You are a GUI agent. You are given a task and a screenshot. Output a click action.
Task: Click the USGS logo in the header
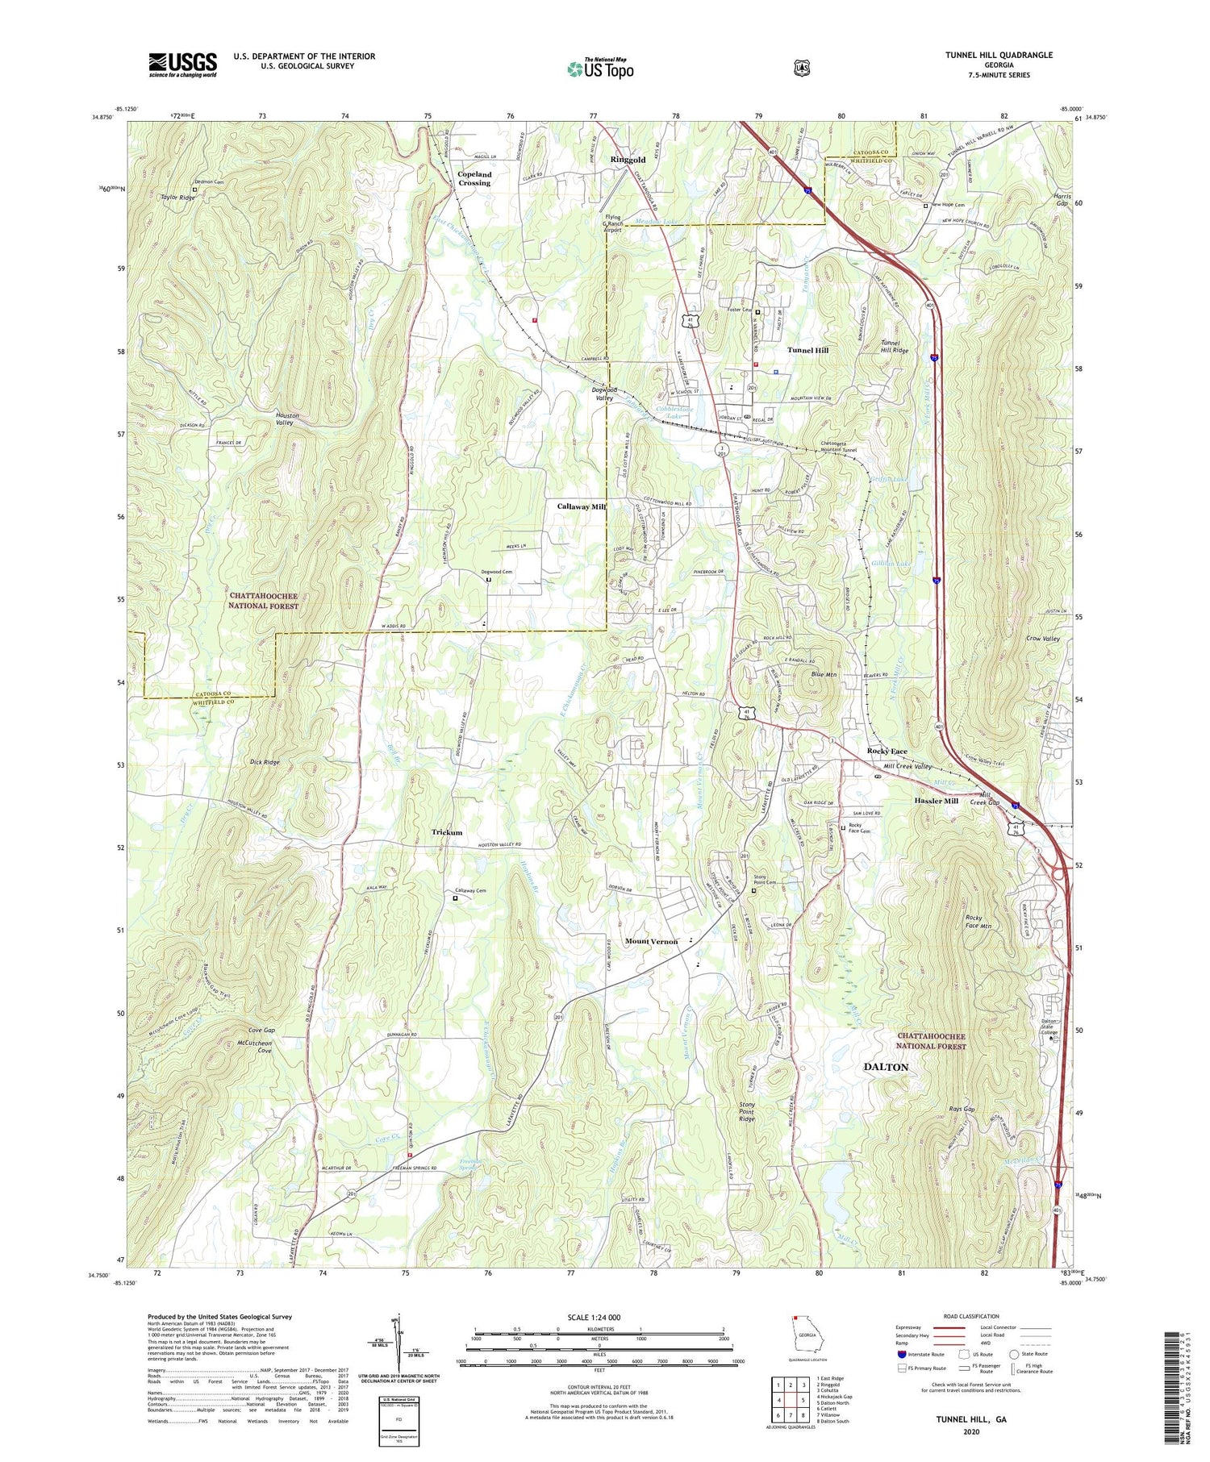[182, 65]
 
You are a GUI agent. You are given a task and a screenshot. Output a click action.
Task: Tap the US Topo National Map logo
[600, 68]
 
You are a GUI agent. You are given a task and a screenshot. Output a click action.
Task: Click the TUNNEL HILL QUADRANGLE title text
[987, 55]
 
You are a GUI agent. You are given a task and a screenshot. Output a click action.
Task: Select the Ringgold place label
[628, 160]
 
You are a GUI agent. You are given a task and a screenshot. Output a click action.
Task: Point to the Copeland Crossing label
[474, 178]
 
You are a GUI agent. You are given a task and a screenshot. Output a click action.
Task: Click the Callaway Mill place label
[581, 506]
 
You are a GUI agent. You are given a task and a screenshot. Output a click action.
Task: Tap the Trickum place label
[447, 832]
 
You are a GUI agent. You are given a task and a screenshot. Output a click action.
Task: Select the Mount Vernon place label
[651, 941]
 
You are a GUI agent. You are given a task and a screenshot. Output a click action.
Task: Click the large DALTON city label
[886, 1067]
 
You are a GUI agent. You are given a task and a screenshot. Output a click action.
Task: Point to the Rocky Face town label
[887, 751]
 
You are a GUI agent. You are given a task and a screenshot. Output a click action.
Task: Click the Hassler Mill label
[936, 801]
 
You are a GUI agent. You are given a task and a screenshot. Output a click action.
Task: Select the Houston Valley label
[287, 419]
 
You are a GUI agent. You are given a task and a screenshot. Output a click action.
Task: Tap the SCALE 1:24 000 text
[599, 1318]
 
